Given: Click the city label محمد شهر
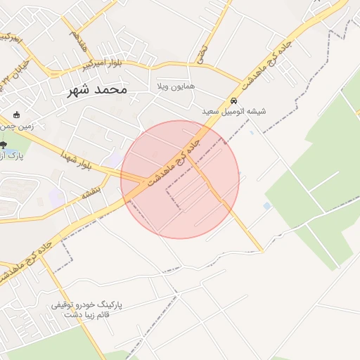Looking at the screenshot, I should point(99,90).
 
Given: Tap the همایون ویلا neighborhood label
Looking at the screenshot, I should point(175,86).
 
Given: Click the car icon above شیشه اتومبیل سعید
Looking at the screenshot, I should point(233,101).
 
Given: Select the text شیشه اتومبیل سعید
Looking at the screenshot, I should point(233,111).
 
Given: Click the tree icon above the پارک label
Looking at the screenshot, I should point(3,145).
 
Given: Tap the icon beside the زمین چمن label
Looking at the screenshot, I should point(17,115).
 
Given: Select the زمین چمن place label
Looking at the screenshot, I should point(18,126).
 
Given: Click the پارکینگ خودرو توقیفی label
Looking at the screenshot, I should point(86,305).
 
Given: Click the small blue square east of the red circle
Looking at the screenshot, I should point(267,205).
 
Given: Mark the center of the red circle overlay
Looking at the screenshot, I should point(180,179).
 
